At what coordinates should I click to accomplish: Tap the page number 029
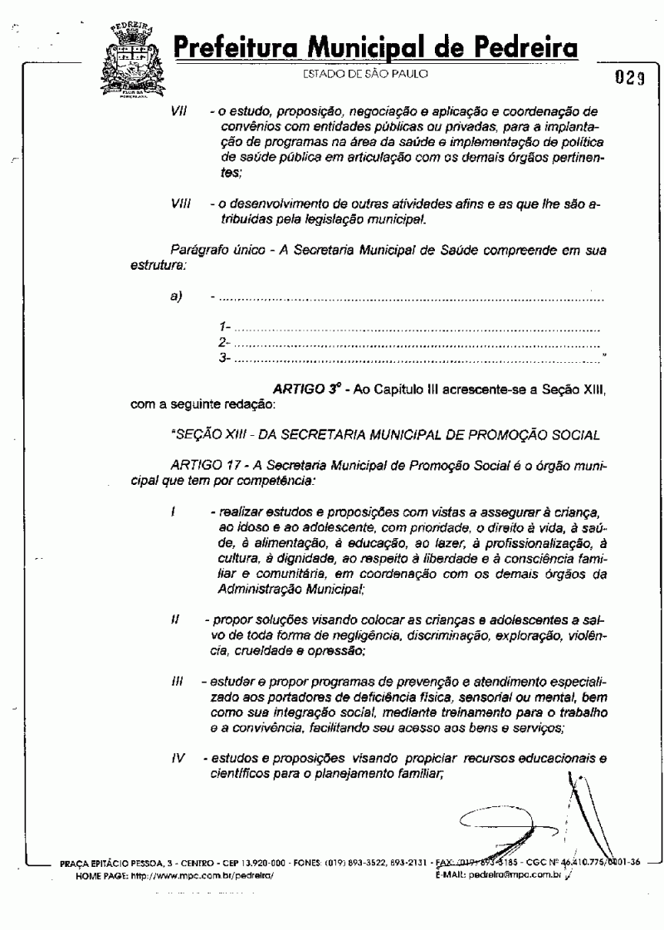point(630,79)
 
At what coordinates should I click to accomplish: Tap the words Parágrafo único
point(209,249)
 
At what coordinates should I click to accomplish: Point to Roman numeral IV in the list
point(178,759)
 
